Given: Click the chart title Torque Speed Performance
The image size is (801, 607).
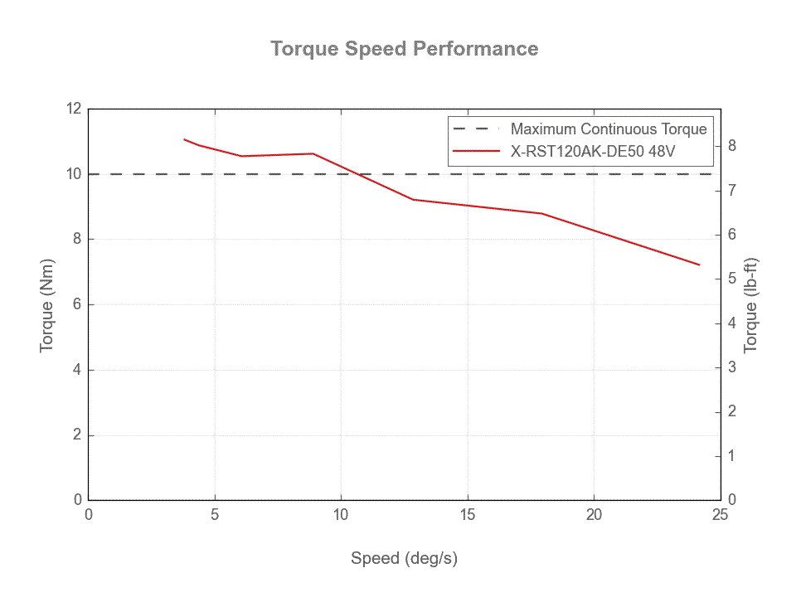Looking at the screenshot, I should point(405,48).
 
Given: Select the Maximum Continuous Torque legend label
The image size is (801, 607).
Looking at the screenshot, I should point(608,129).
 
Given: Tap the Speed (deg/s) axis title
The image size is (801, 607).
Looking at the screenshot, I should point(404,558).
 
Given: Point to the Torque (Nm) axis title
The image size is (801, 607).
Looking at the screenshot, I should point(47,304).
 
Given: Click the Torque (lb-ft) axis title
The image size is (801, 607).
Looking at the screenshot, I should point(751,304).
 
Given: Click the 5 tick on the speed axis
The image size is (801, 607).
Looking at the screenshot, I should point(215,515).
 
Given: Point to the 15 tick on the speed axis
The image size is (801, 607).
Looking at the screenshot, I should point(468,515).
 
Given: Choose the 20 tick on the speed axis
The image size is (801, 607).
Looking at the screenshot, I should point(594,515).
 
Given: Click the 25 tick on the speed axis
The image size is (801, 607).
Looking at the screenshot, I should point(720,515).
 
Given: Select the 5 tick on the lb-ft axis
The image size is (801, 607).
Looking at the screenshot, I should point(732,279).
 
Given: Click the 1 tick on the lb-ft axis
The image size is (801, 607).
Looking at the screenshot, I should point(732,456).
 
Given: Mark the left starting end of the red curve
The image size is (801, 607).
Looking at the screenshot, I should point(184,139).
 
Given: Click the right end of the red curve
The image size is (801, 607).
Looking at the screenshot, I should point(700,265).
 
